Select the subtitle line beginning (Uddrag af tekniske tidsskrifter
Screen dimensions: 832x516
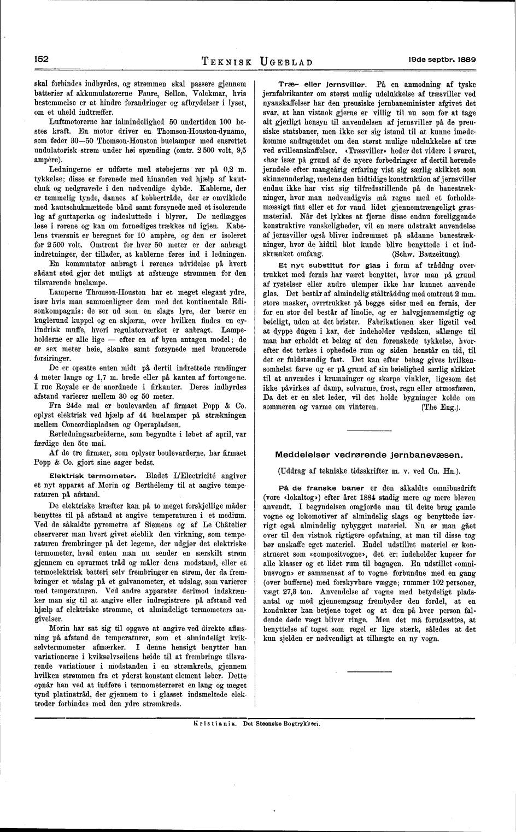(x=369, y=470)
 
